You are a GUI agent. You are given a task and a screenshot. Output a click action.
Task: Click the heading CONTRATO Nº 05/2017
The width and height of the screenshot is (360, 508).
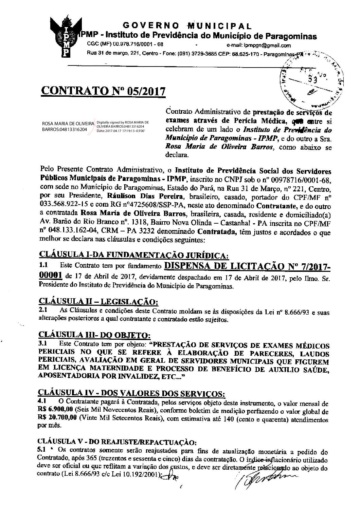[103, 91]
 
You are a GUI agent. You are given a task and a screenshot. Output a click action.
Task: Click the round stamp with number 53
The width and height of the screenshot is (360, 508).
[310, 79]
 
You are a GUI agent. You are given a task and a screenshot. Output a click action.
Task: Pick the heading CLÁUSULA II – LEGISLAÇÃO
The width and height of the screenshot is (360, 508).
[98, 302]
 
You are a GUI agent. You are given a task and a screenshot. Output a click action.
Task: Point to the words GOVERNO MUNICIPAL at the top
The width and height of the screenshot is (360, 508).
[187, 26]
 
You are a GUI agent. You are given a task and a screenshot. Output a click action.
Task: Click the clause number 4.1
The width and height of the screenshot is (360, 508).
[44, 401]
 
